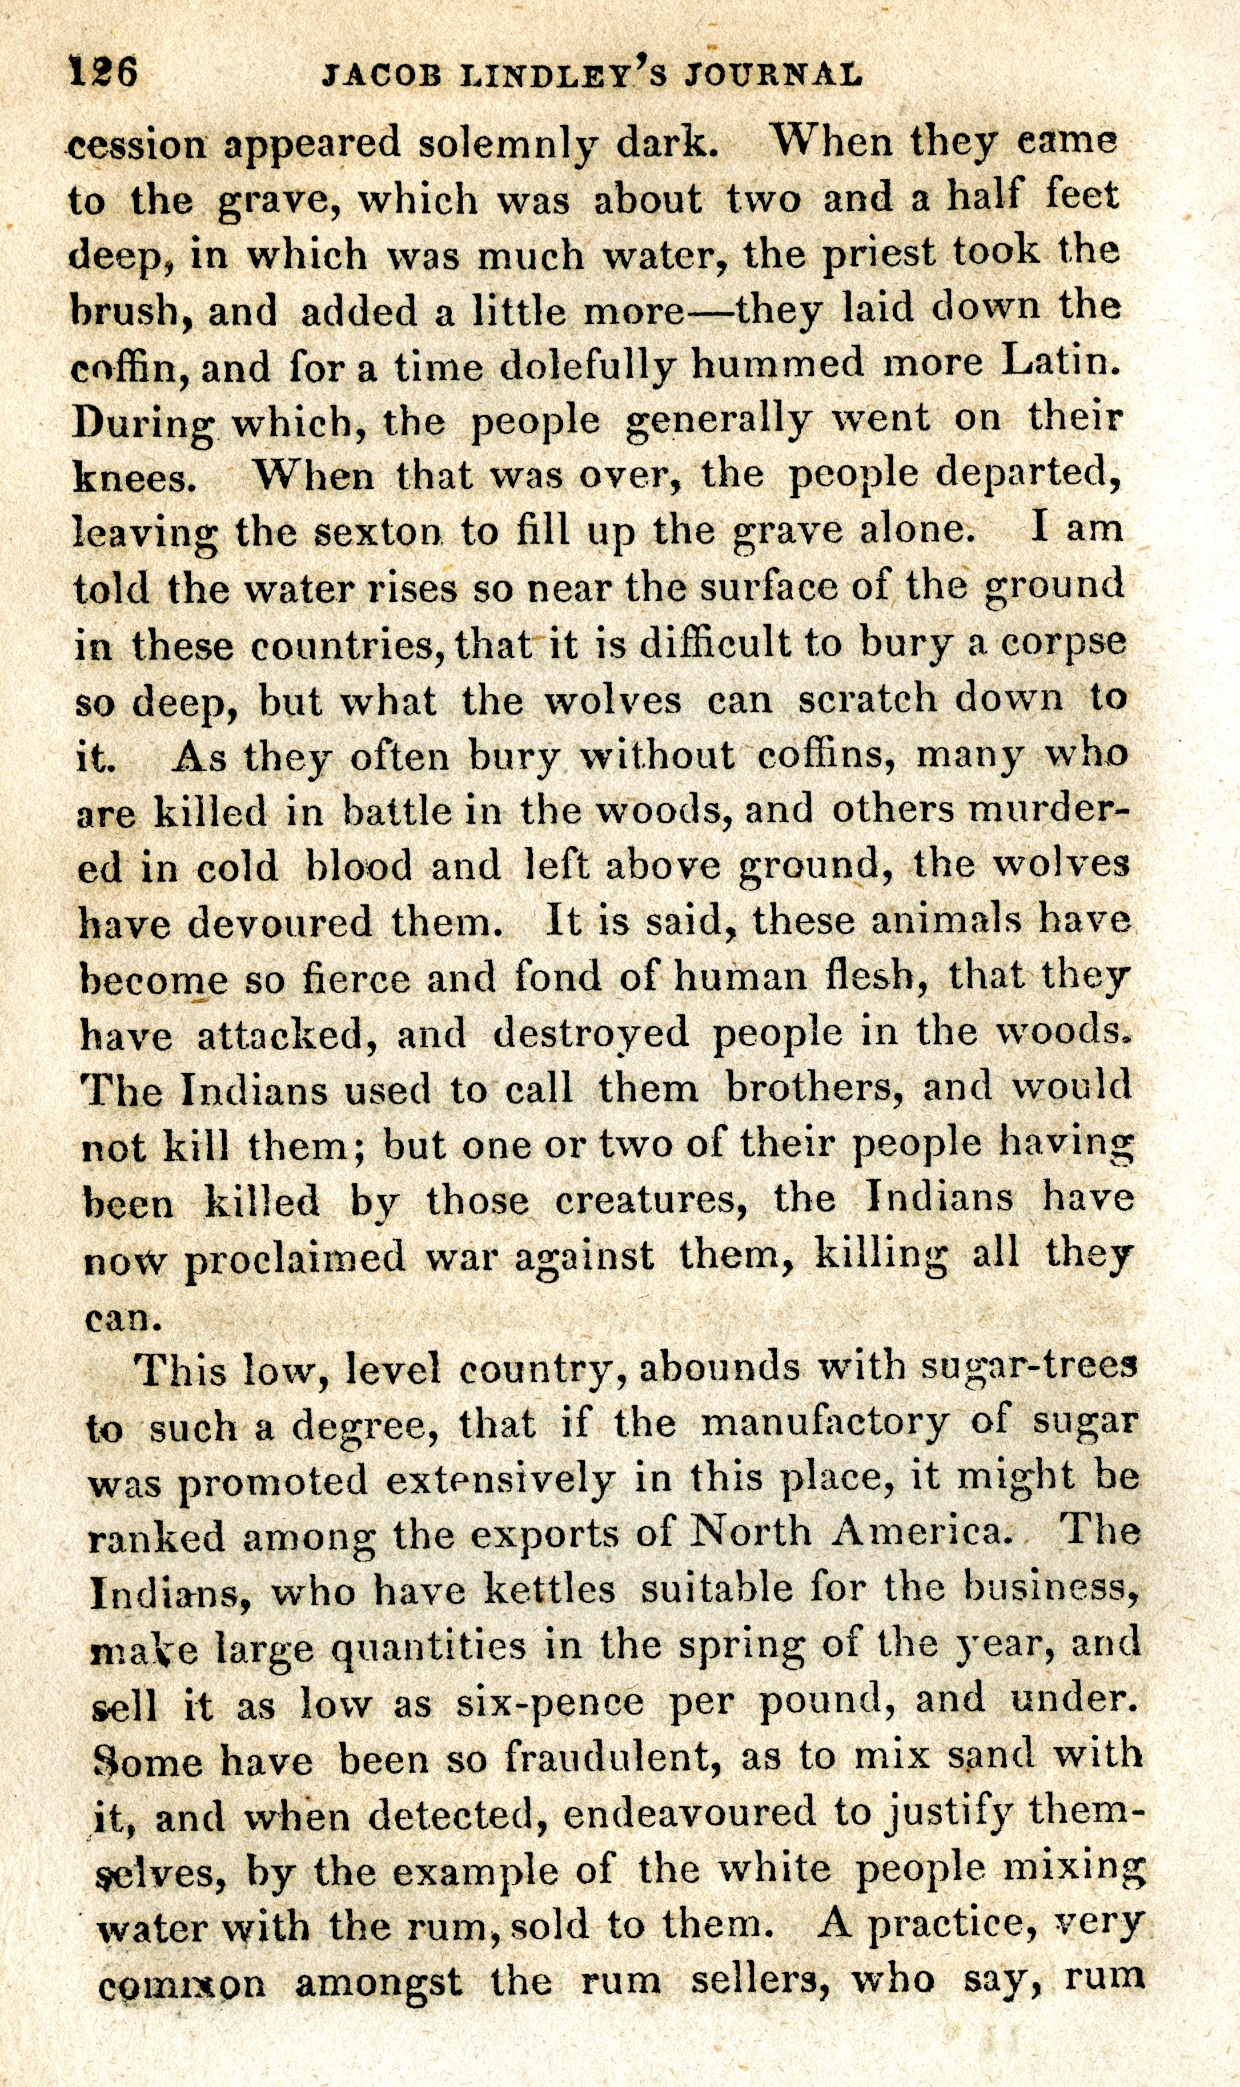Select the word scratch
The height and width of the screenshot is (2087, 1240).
866,698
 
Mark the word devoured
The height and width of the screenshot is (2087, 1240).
280,923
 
